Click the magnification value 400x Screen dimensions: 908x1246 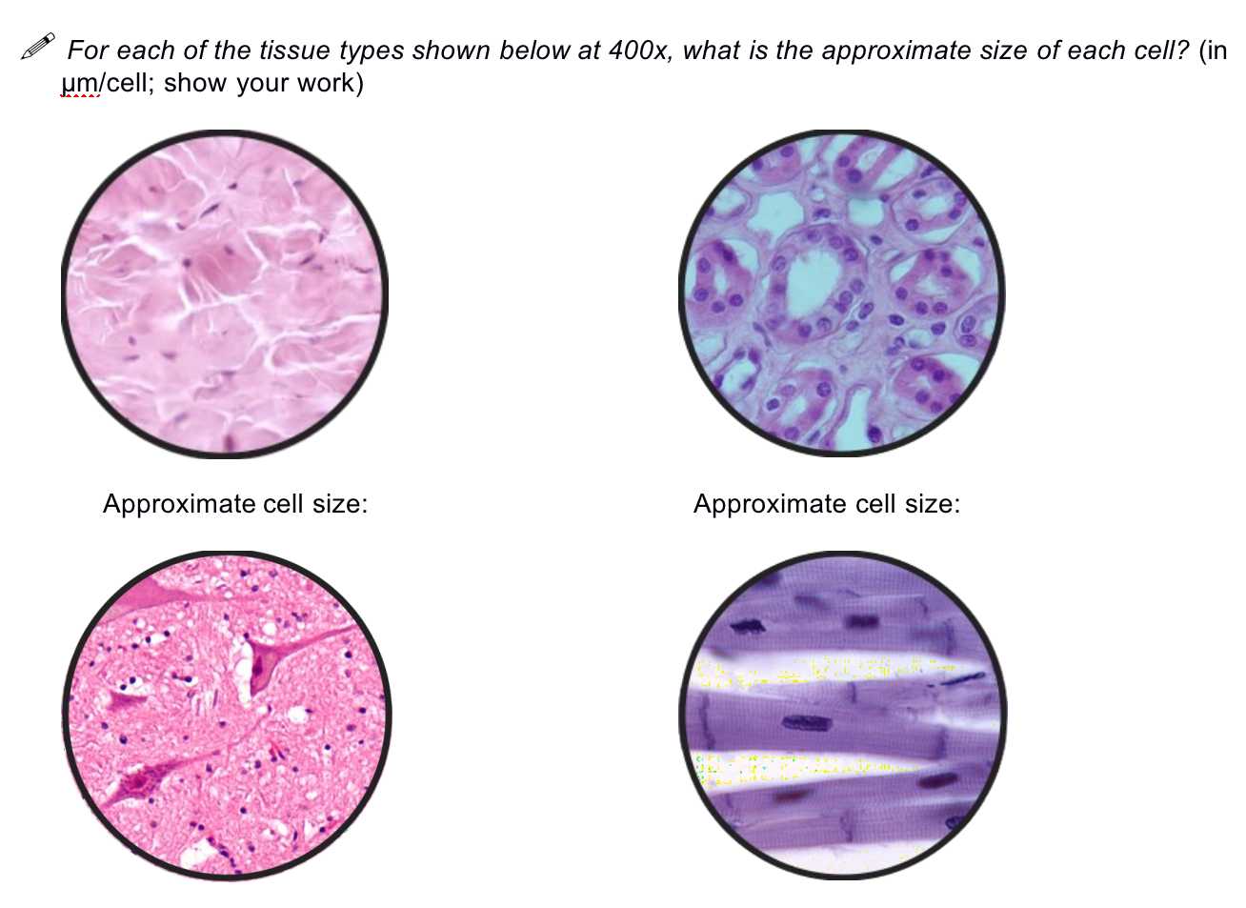point(637,50)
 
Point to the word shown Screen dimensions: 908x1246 point(456,50)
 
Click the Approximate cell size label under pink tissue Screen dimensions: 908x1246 point(234,504)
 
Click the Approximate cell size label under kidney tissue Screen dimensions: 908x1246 point(826,504)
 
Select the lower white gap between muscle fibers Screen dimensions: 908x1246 point(810,768)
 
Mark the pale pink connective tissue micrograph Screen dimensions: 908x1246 point(225,293)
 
